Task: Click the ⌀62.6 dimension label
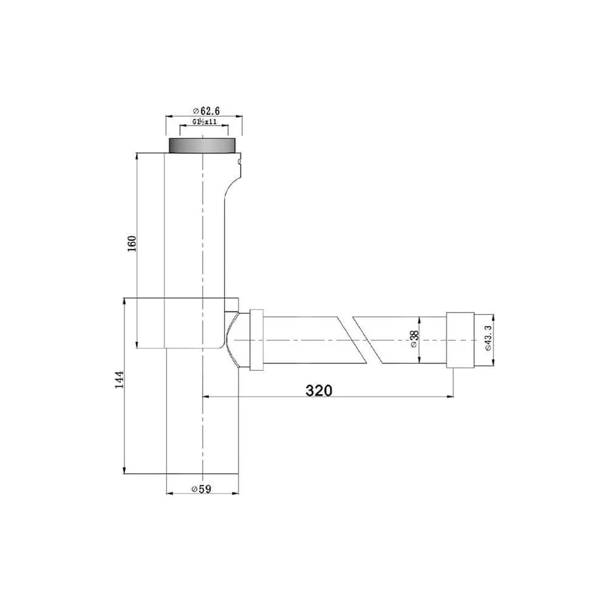pos(206,110)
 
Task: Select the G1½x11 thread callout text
pos(205,122)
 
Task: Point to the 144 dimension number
pos(120,379)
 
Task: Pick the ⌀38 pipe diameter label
pos(413,340)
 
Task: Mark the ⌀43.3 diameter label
pos(488,341)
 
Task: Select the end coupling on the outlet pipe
pos(459,341)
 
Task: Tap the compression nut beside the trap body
pos(256,339)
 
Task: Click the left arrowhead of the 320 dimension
pos(205,397)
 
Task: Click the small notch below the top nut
pos(240,162)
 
